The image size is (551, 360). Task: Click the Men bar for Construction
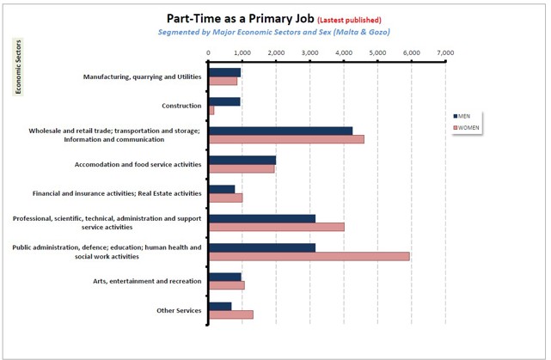pos(224,101)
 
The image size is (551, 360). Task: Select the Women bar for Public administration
pos(309,256)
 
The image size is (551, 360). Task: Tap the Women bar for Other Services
pos(230,314)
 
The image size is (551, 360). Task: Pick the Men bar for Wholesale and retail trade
pos(280,131)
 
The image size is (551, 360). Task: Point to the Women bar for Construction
pos(211,110)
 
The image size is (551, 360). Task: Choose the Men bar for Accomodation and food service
pos(242,160)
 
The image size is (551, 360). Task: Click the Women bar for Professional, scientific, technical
pos(276,227)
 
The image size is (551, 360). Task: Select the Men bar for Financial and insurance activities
pos(222,189)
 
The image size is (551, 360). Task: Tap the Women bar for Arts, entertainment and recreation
pos(226,285)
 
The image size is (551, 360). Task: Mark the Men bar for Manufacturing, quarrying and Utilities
pos(224,72)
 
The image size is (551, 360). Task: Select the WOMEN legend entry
pos(468,127)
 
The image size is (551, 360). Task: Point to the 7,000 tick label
pos(445,52)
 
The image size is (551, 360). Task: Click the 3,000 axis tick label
pos(309,52)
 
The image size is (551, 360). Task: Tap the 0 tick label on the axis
pos(209,52)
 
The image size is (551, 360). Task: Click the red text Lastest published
pos(349,20)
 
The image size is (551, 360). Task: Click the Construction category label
pos(181,106)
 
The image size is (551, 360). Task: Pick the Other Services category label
pos(181,310)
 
